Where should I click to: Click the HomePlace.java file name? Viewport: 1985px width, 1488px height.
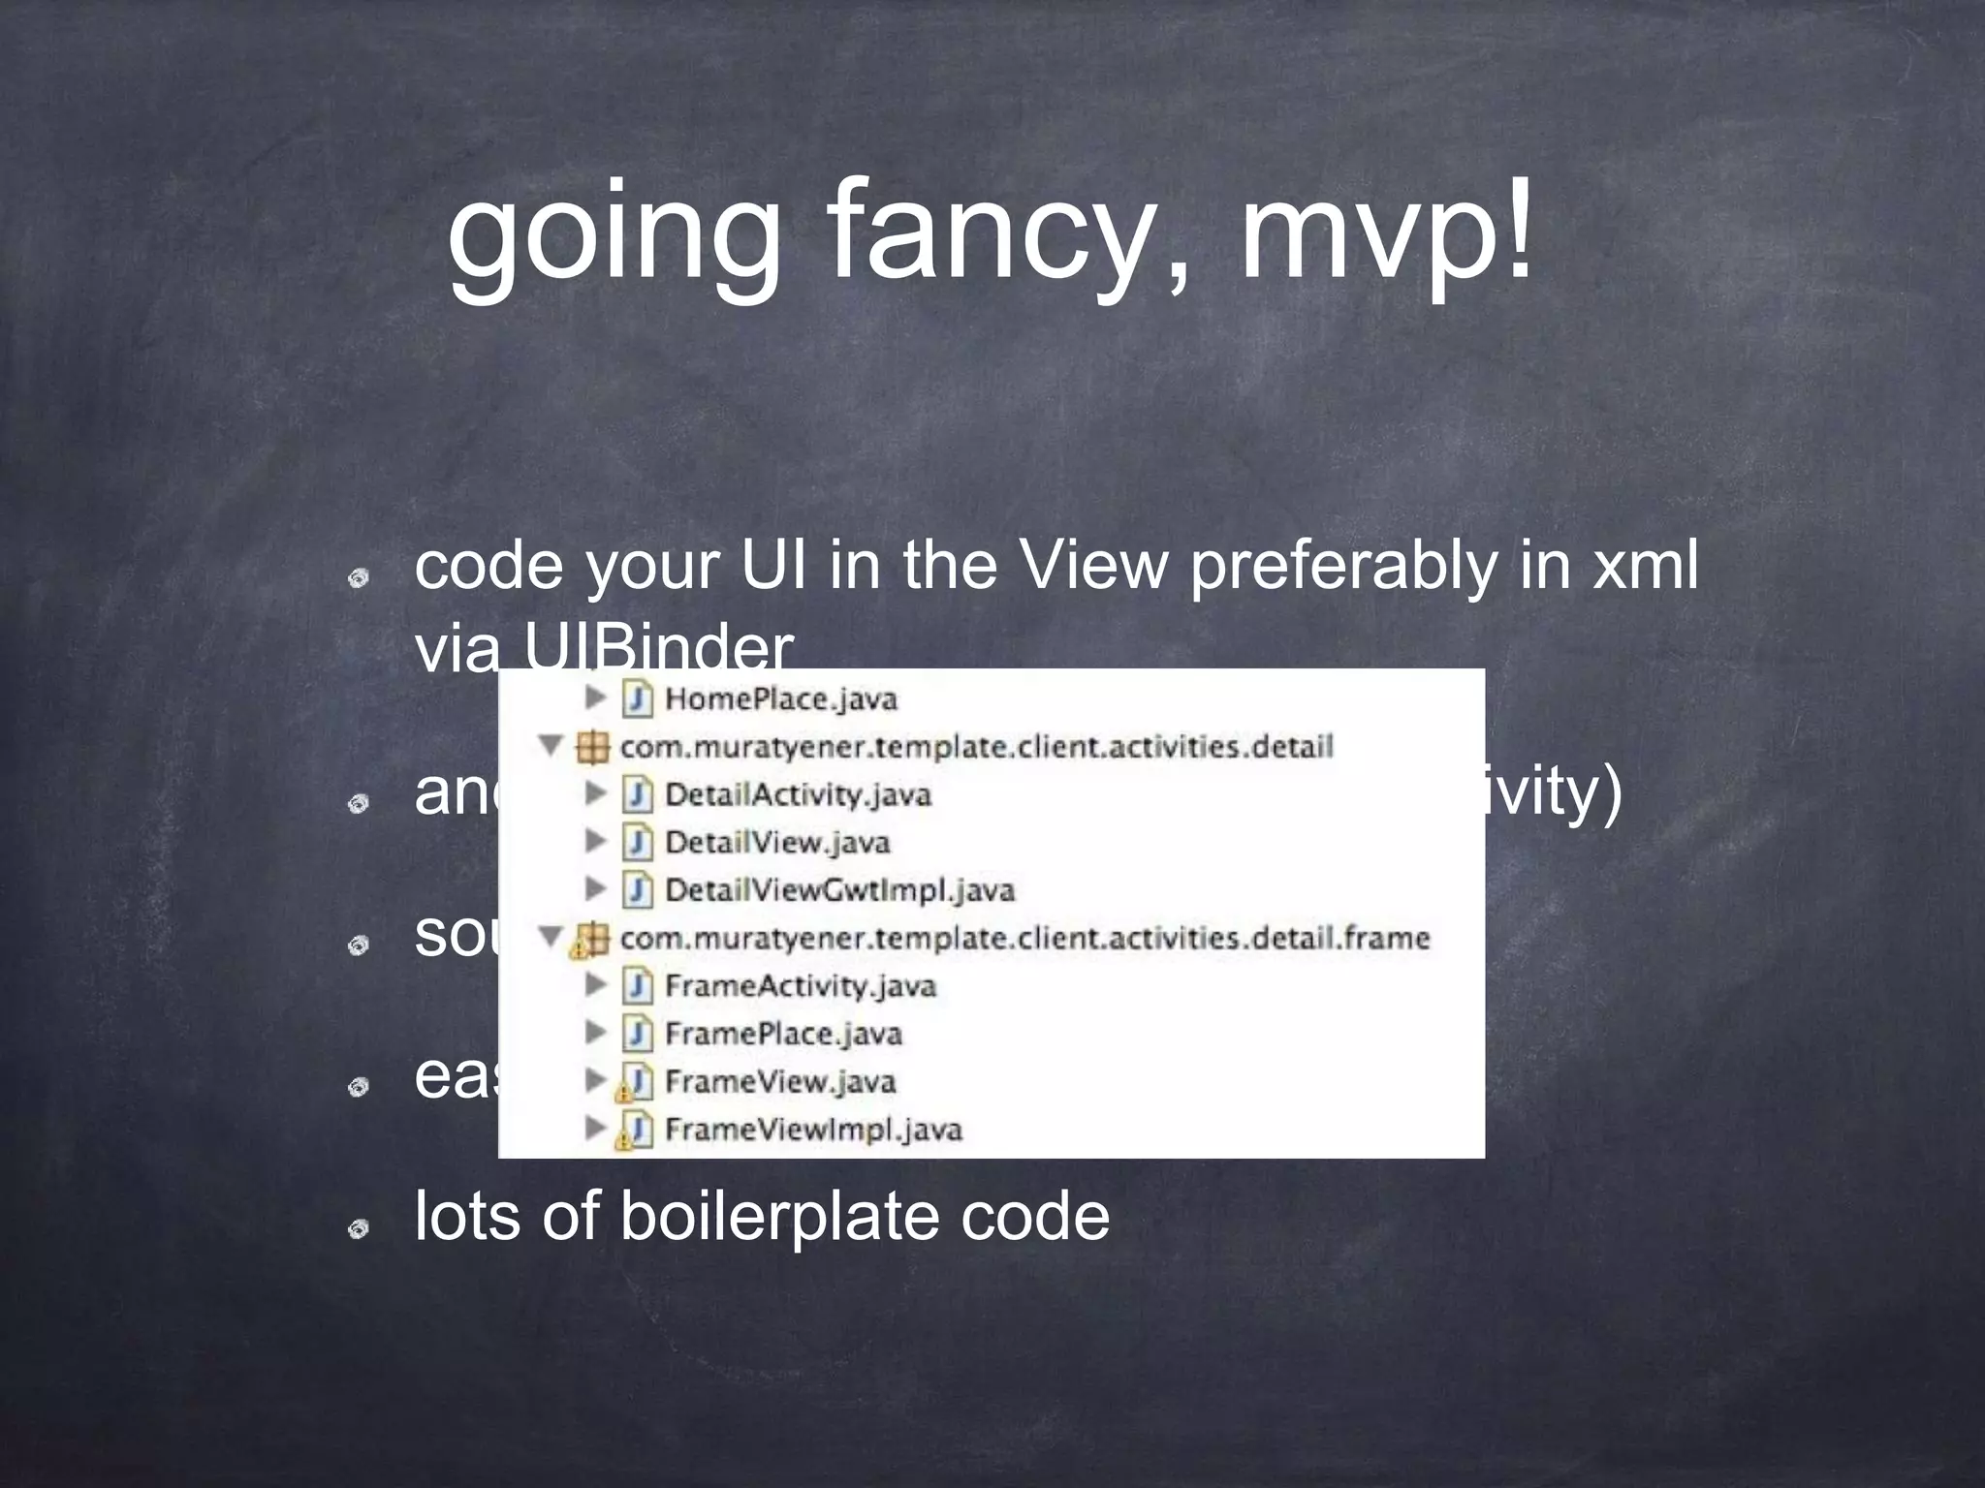pyautogui.click(x=781, y=698)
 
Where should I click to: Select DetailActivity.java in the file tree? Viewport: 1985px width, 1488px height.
pyautogui.click(x=798, y=794)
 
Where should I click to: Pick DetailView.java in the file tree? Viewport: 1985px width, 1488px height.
pyautogui.click(x=777, y=842)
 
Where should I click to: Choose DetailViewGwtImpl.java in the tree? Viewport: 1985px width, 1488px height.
pyautogui.click(x=839, y=890)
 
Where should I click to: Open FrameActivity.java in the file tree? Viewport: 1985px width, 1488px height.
pyautogui.click(x=801, y=986)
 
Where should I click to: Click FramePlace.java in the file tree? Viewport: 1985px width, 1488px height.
pyautogui.click(x=783, y=1034)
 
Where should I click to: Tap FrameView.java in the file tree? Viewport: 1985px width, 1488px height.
pyautogui.click(x=780, y=1081)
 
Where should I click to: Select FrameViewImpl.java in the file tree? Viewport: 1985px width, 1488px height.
pyautogui.click(x=813, y=1130)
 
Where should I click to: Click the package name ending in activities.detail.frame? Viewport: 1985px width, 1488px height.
pyautogui.click(x=1024, y=938)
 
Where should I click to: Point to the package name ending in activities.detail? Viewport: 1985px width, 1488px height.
pyautogui.click(x=976, y=747)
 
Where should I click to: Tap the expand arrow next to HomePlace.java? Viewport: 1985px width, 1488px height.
pyautogui.click(x=596, y=697)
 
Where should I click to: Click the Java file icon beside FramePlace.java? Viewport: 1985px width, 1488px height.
pyautogui.click(x=637, y=1034)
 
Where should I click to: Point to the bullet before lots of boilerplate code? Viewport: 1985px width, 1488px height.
pyautogui.click(x=358, y=1229)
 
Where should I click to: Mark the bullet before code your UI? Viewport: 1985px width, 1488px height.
pyautogui.click(x=358, y=578)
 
